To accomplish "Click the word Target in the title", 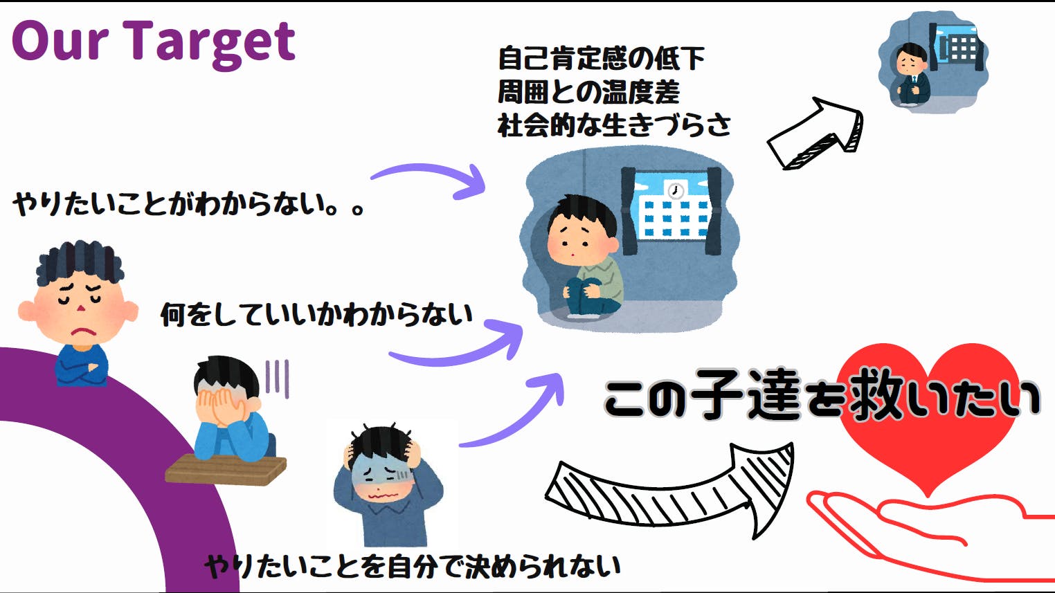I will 210,42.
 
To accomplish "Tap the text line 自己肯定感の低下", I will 601,58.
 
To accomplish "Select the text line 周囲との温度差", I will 588,91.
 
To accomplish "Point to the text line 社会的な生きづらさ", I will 613,125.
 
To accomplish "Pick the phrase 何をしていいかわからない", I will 316,315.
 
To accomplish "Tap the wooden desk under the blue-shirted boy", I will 226,471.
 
